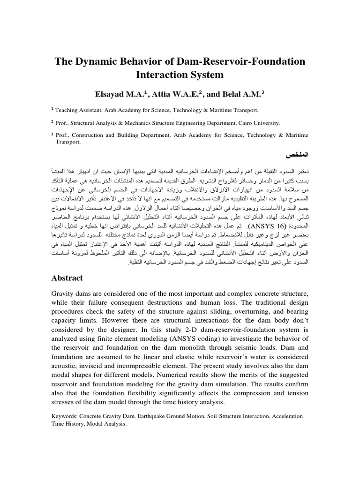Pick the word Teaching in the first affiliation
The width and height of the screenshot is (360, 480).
click(68, 110)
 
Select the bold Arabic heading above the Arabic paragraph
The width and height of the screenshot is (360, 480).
click(297, 154)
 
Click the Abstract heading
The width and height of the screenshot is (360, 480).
click(67, 278)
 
